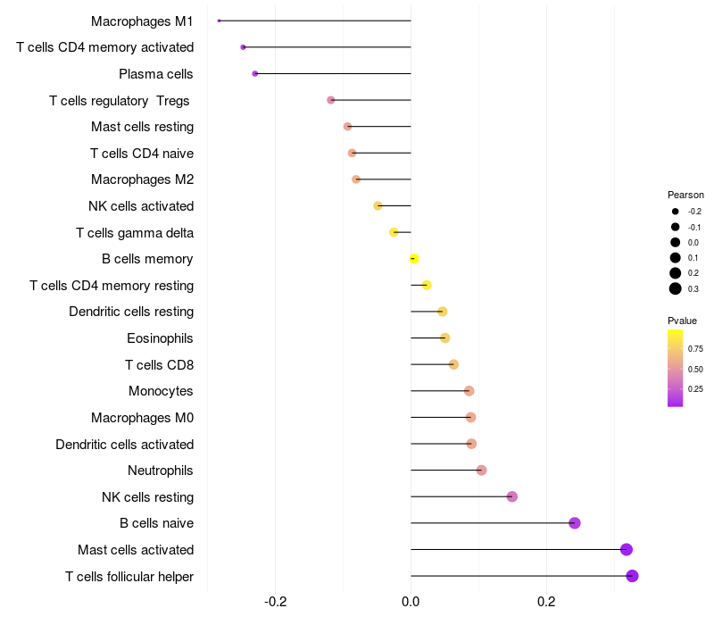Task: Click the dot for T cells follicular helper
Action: [x=633, y=576]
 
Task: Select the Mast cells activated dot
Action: [x=627, y=549]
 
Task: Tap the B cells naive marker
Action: [x=575, y=523]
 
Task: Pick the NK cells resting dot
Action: [x=512, y=496]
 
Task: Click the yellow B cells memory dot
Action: [x=414, y=259]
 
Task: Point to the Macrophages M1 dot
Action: [x=219, y=21]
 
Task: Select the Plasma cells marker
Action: [x=255, y=73]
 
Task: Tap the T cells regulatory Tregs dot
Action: [x=331, y=100]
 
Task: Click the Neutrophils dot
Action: [x=482, y=471]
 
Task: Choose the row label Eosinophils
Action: [x=161, y=338]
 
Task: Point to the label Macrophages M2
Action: [x=143, y=179]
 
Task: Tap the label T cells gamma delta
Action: [x=135, y=233]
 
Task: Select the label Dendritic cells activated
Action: [x=125, y=444]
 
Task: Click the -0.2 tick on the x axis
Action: [x=276, y=602]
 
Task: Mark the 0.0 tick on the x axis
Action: [x=411, y=602]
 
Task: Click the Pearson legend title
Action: [x=685, y=195]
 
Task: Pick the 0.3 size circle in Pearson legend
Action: [x=676, y=288]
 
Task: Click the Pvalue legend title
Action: [x=683, y=321]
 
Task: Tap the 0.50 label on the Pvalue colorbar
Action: [x=695, y=369]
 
